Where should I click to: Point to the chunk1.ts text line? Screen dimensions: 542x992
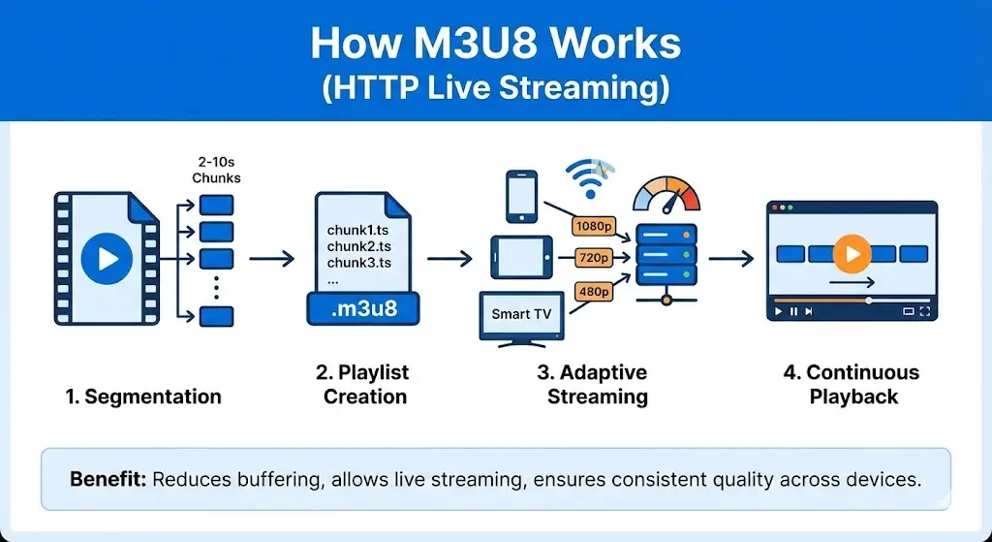coord(358,232)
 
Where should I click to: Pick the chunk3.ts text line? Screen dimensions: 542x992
coord(358,263)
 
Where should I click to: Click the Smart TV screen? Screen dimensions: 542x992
coord(522,313)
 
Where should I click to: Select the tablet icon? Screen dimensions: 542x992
coord(521,259)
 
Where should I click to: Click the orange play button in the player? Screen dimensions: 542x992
coord(852,254)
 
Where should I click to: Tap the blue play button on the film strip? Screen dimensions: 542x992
coord(106,259)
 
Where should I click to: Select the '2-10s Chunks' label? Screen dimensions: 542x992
coord(216,170)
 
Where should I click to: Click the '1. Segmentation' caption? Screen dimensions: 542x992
coord(143,397)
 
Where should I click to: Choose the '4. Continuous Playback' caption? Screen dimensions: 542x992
coord(852,385)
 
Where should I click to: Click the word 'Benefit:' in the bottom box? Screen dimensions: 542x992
coord(108,479)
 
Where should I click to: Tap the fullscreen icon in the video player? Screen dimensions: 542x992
coord(923,311)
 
